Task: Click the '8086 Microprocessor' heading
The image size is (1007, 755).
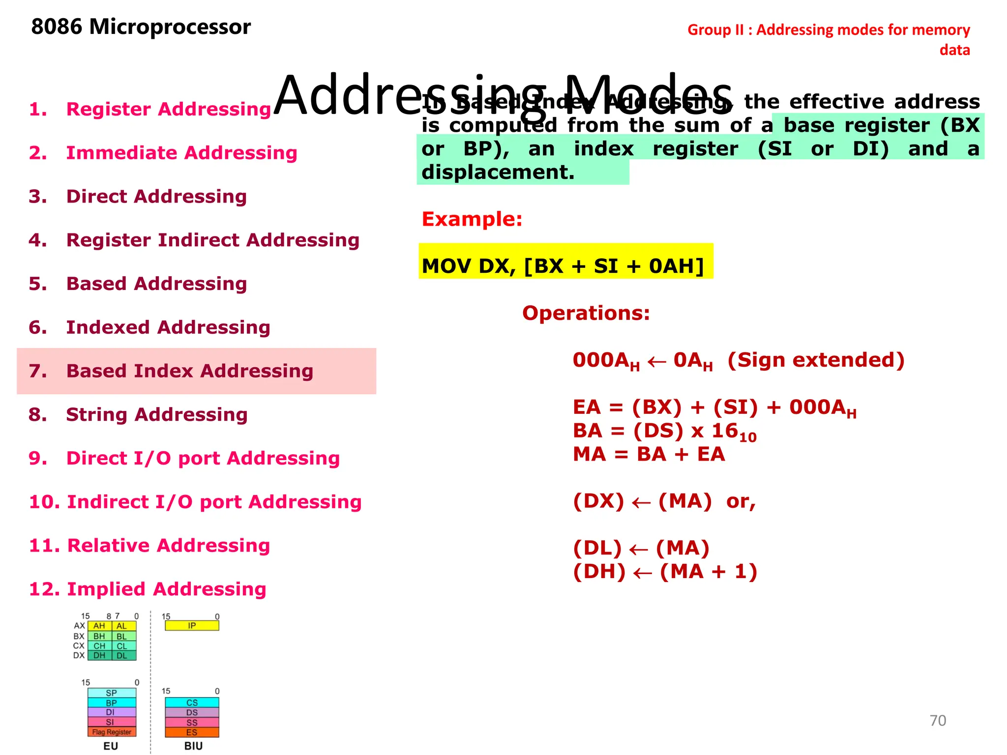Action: pos(141,27)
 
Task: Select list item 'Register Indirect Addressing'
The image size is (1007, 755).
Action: pos(212,240)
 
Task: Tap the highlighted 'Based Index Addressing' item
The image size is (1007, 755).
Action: pos(189,371)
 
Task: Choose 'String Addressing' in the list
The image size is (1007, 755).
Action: pos(156,415)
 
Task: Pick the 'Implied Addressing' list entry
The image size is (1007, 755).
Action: pos(166,589)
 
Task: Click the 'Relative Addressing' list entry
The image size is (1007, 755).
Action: pos(168,546)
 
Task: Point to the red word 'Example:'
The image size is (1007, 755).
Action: pos(472,219)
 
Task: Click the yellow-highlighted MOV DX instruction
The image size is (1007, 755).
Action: pos(563,266)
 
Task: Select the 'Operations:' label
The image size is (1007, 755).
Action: pos(586,313)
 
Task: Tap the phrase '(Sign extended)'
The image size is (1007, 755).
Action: pos(816,360)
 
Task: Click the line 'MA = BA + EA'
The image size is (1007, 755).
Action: pos(649,454)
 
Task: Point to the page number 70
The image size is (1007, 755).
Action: pos(938,721)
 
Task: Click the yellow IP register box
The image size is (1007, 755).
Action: pos(192,626)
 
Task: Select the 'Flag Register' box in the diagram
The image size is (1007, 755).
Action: pos(112,732)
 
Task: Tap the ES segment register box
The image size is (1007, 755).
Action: pos(192,732)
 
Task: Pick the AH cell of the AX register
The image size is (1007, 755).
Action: pos(99,626)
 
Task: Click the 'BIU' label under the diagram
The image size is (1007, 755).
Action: pos(193,746)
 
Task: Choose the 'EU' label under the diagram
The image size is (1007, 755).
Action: pos(111,746)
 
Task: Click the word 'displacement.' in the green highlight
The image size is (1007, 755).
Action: pos(498,173)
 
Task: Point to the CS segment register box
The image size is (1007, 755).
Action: pos(192,703)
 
